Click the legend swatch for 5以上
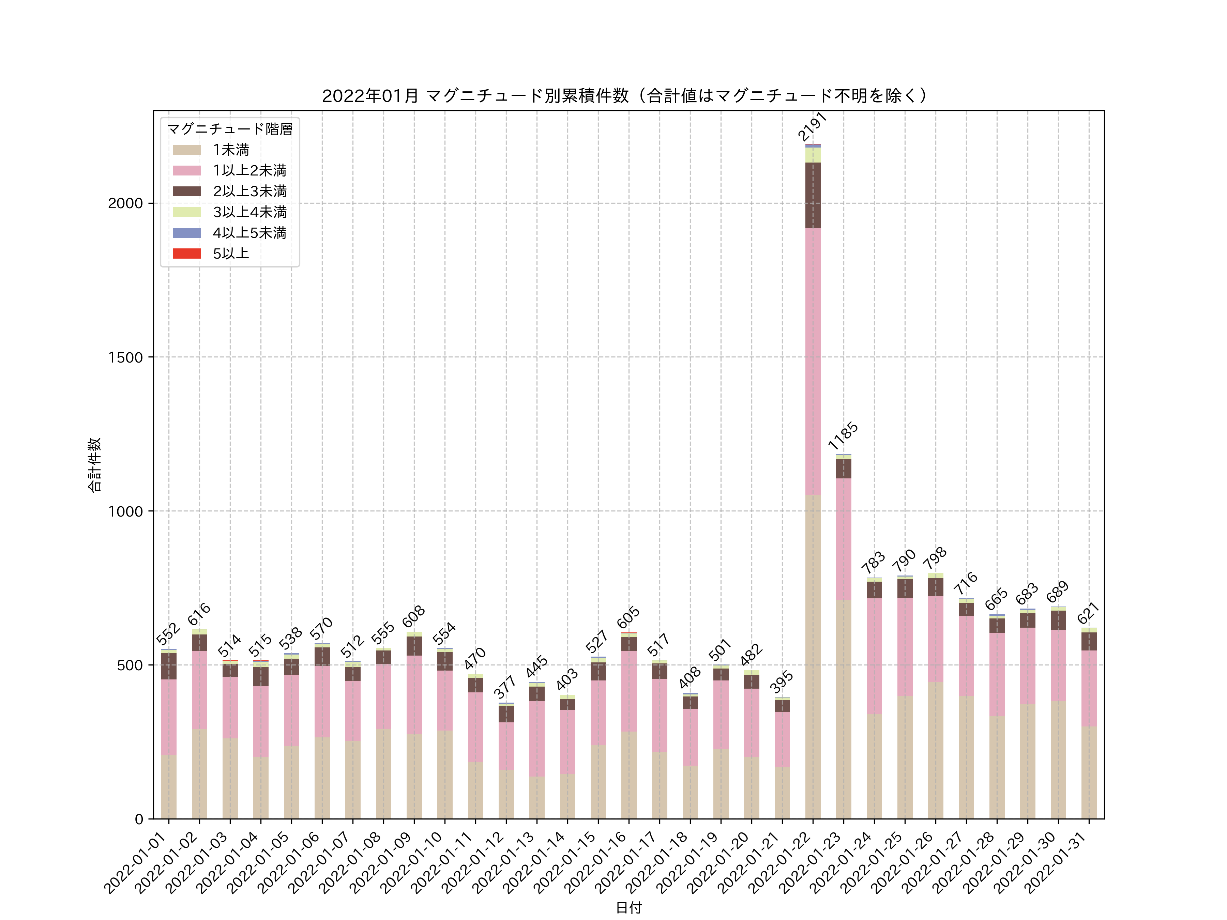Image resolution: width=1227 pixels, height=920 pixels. [x=186, y=254]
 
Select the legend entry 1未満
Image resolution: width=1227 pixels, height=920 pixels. [x=231, y=150]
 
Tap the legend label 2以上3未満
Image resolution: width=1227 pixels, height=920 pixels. [x=249, y=191]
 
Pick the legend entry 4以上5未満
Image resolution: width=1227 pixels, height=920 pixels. [x=249, y=233]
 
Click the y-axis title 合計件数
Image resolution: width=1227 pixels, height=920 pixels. [x=94, y=465]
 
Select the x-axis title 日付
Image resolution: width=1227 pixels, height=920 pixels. [x=628, y=908]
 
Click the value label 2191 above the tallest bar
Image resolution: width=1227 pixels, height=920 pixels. [x=812, y=126]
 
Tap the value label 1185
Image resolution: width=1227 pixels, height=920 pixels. [x=843, y=435]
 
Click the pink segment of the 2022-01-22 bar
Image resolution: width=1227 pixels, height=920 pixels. [x=813, y=361]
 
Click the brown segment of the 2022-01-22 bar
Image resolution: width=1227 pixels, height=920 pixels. [x=813, y=195]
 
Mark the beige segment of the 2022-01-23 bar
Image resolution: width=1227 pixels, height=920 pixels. [x=843, y=710]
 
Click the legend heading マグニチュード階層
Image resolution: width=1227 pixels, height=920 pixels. [x=230, y=129]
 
